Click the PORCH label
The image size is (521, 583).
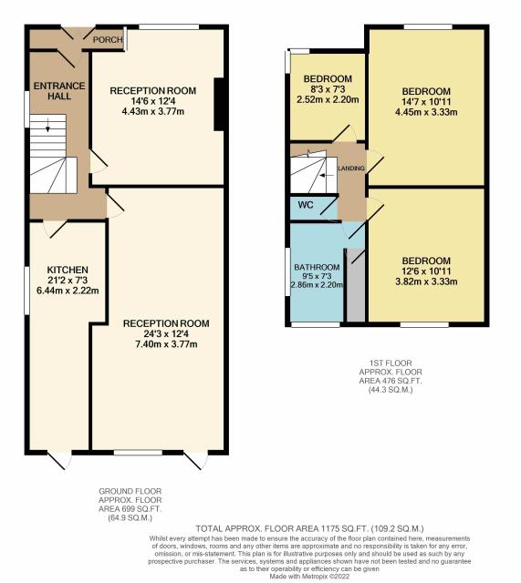tap(108, 39)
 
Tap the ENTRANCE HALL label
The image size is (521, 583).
tap(59, 91)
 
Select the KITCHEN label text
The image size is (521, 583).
tap(68, 270)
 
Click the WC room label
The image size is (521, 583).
tap(306, 205)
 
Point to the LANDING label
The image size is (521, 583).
tap(351, 169)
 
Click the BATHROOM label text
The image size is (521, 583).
tap(317, 267)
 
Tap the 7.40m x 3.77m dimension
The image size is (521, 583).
tap(166, 344)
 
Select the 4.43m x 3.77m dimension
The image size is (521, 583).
tap(153, 111)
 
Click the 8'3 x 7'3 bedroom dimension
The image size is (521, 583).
tap(328, 89)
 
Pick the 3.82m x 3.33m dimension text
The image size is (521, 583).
tap(426, 281)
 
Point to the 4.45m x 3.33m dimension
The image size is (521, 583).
tap(426, 112)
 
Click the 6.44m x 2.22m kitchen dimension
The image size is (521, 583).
tap(68, 291)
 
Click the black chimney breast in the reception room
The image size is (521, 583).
tap(219, 104)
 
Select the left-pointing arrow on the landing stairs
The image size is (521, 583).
tap(327, 175)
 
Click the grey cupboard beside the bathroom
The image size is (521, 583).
tap(356, 285)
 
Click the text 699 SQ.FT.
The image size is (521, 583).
tap(140, 508)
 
